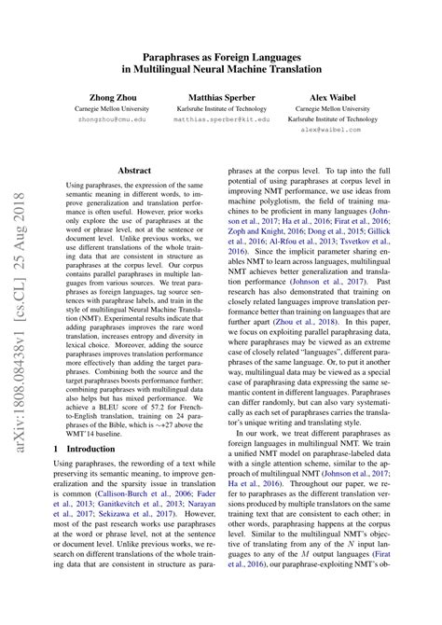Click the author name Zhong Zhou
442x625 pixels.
pyautogui.click(x=111, y=96)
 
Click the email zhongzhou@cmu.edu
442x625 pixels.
pyautogui.click(x=111, y=119)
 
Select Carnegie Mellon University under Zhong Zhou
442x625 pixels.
pyautogui.click(x=111, y=108)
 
